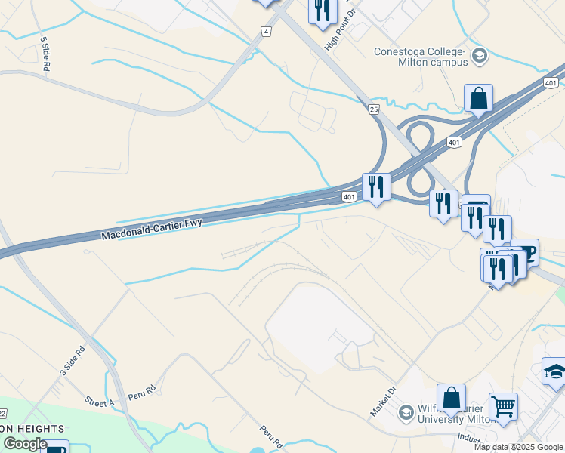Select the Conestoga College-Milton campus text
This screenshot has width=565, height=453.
(x=421, y=57)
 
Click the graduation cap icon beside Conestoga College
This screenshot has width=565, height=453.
(x=479, y=56)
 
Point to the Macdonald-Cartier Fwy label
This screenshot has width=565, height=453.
(x=153, y=230)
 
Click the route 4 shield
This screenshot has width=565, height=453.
(x=265, y=31)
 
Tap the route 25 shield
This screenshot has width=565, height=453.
(x=373, y=110)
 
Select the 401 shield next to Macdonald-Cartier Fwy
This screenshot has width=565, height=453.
(x=348, y=197)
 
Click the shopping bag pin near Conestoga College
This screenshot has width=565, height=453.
(x=478, y=98)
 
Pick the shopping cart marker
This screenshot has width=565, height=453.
(x=503, y=408)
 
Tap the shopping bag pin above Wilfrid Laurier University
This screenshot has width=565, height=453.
(x=451, y=397)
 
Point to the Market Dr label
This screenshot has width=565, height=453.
(x=383, y=401)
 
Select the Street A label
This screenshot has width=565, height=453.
(x=99, y=401)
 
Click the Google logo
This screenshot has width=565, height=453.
(x=25, y=444)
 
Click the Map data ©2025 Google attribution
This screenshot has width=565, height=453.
(x=518, y=447)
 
